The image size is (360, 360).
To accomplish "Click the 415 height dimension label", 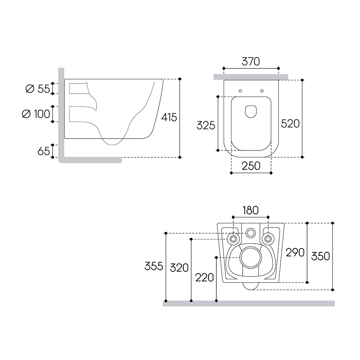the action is point(169,117).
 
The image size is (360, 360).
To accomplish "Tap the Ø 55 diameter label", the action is point(38,89).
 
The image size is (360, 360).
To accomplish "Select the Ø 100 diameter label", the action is point(36,114).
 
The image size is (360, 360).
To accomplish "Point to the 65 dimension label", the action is point(44,151).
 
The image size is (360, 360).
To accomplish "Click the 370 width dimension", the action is point(251,62).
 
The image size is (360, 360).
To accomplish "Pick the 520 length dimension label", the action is point(291,124).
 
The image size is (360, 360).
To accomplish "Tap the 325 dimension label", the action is point(206,125).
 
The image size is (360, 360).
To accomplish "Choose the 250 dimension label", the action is point(251,166).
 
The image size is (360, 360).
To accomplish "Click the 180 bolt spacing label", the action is point(251,210).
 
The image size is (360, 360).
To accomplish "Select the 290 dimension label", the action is point(295,253).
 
